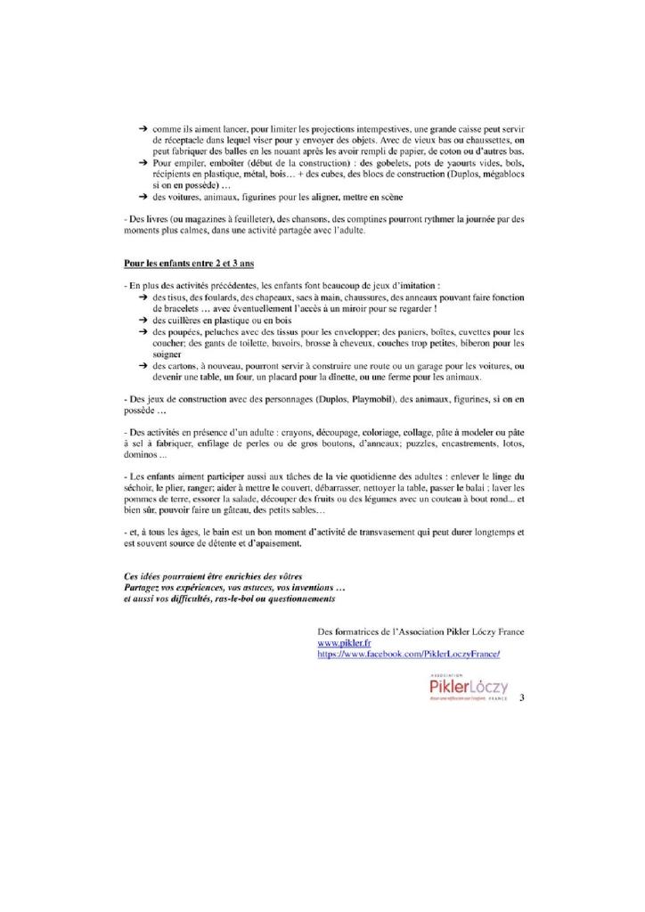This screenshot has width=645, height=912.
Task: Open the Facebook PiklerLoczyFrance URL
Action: pyautogui.click(x=409, y=654)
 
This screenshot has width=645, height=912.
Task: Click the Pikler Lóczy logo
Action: pyautogui.click(x=468, y=688)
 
